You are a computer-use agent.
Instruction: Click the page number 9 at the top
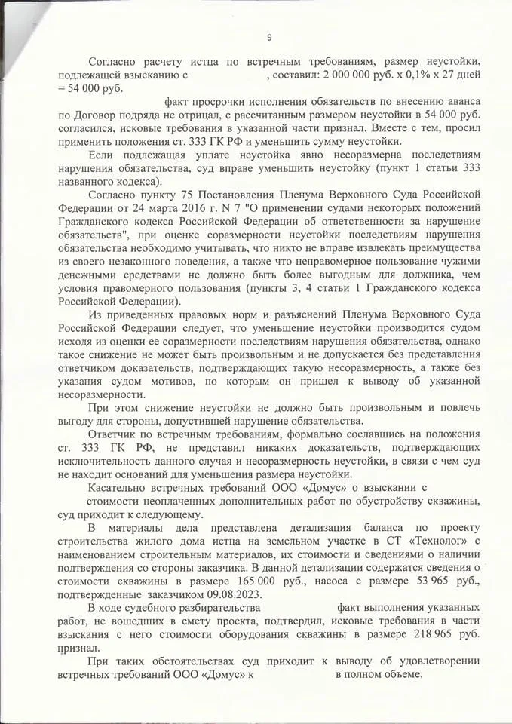(269, 38)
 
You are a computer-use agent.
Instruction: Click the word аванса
(459, 101)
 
